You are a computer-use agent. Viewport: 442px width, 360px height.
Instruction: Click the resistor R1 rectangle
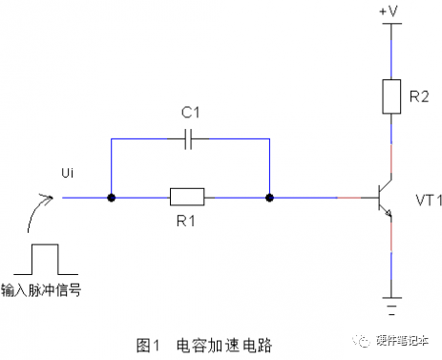(187, 197)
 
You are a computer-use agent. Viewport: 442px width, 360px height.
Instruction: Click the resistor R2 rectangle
(391, 96)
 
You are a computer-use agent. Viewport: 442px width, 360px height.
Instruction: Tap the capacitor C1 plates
(188, 138)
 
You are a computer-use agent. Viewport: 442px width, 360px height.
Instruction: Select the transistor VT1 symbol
(385, 198)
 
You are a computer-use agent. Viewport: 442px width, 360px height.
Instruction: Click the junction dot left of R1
(112, 198)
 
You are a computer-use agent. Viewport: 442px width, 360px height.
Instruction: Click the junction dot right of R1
(269, 198)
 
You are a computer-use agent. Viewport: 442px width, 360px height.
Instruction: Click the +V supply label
(389, 11)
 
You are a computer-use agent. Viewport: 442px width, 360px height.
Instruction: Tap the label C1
(190, 113)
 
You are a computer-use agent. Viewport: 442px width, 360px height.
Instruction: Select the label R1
(186, 221)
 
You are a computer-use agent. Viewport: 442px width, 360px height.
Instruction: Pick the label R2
(419, 96)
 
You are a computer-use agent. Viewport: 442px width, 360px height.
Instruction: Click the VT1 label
(429, 201)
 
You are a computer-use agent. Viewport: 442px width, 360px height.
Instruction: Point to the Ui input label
(68, 173)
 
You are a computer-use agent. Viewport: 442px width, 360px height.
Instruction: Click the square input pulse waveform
(46, 259)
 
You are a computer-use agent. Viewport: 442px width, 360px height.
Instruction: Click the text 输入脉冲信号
(41, 290)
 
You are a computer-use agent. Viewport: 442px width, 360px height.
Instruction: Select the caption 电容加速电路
(224, 346)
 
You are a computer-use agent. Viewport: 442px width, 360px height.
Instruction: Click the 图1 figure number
(148, 346)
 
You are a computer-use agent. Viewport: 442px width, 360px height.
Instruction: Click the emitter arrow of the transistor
(388, 213)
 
